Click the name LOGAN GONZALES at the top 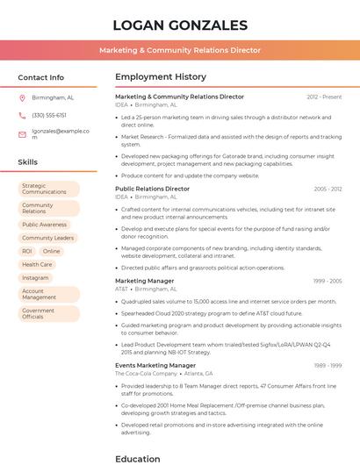(x=180, y=25)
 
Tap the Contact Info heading (x=40, y=77)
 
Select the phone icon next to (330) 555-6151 (x=22, y=115)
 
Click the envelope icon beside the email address (x=22, y=134)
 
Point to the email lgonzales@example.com (x=61, y=133)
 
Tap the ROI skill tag (x=27, y=251)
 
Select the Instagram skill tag (x=35, y=277)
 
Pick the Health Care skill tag (x=37, y=264)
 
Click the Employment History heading (x=161, y=77)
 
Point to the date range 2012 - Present (x=324, y=97)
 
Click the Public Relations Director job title (x=152, y=189)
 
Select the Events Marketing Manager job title (x=155, y=365)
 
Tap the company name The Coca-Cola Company (x=144, y=374)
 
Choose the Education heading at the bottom (x=138, y=458)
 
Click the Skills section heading (x=28, y=162)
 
